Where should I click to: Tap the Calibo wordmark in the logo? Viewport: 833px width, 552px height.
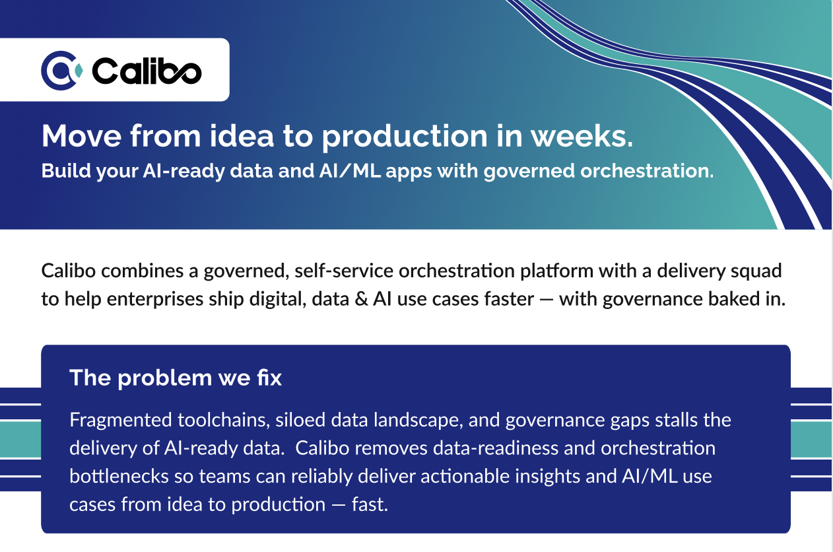147,71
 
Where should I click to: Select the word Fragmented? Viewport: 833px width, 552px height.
120,420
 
